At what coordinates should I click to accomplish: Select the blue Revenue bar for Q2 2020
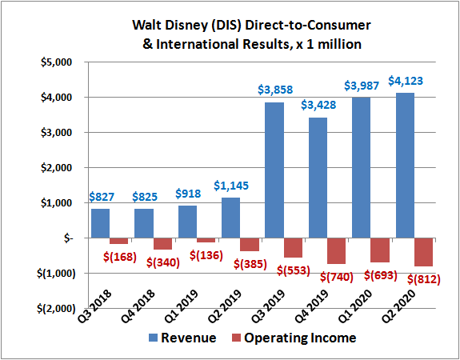coord(423,165)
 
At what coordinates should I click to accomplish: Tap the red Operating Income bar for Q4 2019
coord(337,250)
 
